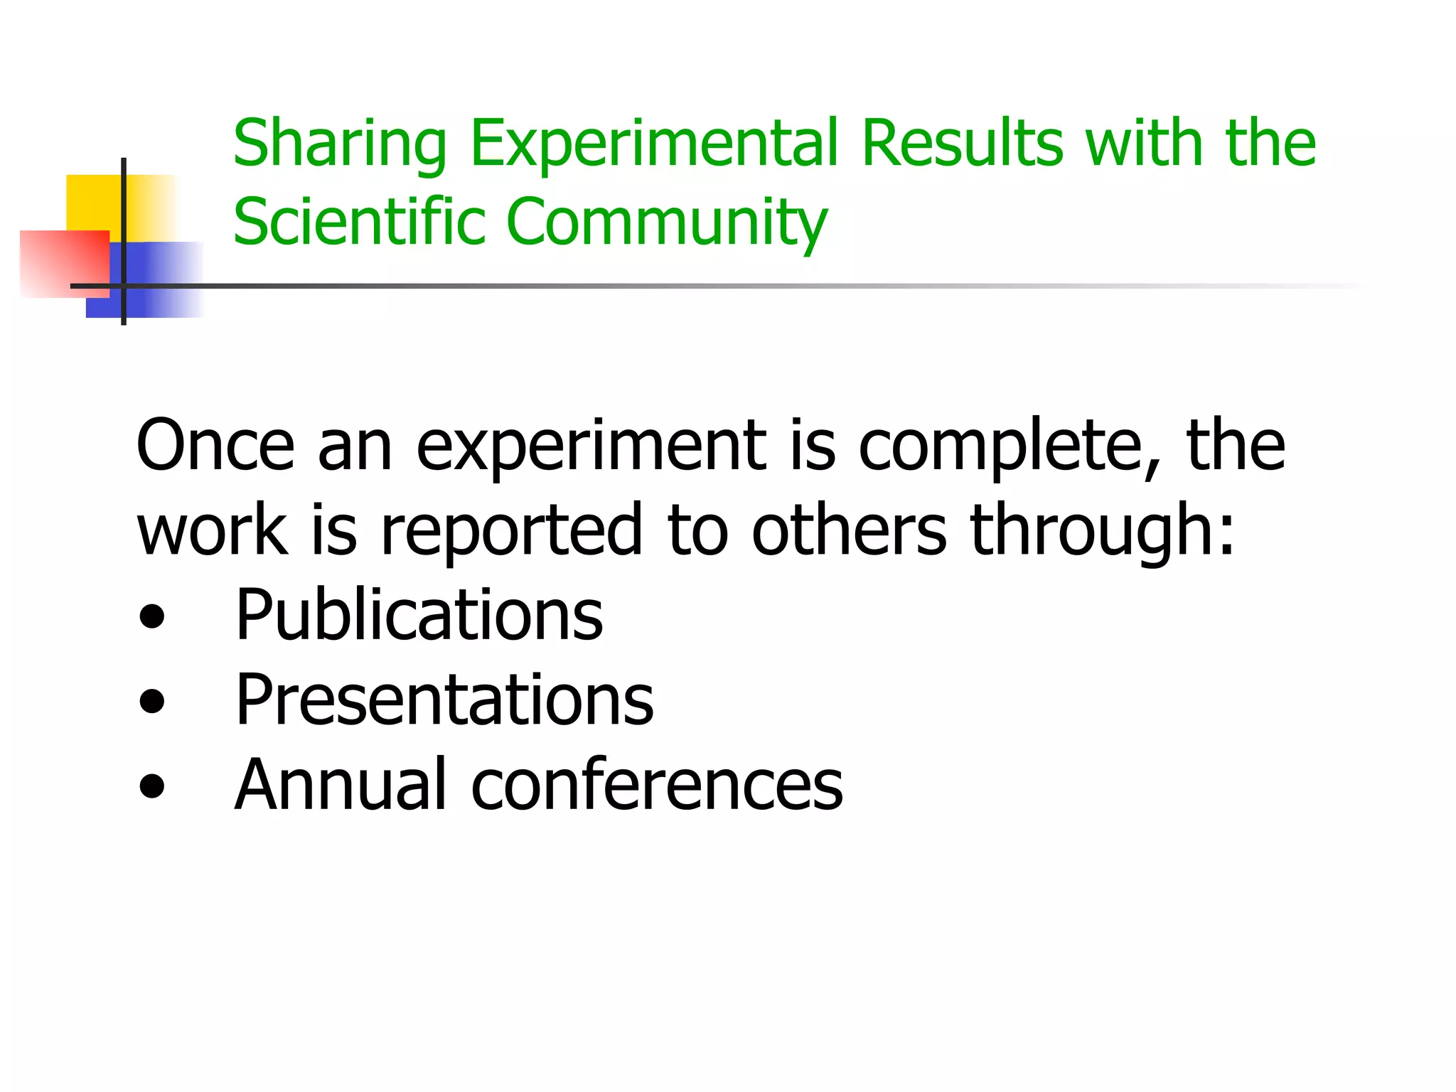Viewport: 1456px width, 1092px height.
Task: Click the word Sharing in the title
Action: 340,144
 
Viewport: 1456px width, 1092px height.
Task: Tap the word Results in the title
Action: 962,144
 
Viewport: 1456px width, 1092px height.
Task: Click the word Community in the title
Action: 667,222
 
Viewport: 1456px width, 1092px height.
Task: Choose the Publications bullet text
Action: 419,615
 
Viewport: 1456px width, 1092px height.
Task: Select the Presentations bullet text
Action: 444,700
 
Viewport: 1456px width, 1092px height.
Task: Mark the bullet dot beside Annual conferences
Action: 152,786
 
